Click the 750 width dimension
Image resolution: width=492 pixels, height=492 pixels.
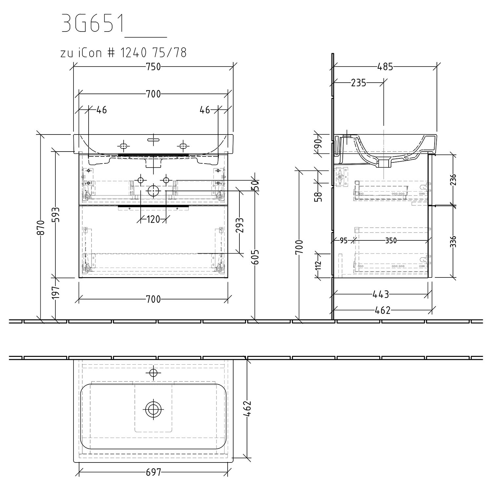(x=153, y=67)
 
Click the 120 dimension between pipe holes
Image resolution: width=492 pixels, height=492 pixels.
(x=153, y=219)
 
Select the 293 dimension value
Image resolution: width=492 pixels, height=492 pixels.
(x=240, y=225)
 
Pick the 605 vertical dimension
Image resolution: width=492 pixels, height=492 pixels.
(x=256, y=257)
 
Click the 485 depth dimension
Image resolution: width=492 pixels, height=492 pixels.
(x=385, y=67)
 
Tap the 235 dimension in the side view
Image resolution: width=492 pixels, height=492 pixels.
(x=358, y=83)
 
